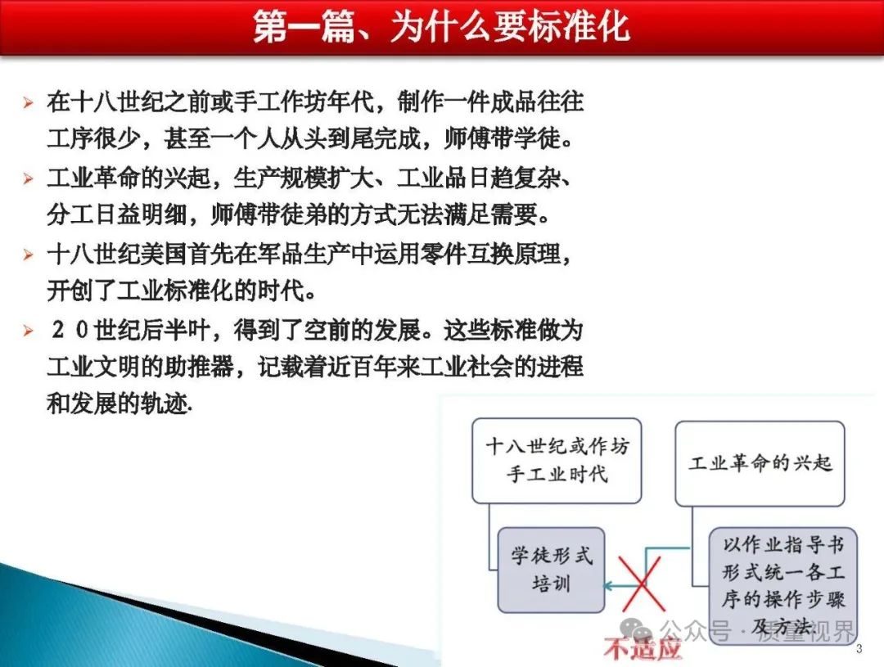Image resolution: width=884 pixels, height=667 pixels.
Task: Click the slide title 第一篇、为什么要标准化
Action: point(441,26)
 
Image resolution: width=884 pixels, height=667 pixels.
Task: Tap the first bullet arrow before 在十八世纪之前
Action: point(28,102)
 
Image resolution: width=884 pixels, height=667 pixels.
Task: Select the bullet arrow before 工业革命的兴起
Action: point(28,178)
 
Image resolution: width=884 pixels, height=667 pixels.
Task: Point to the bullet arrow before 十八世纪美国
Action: point(28,255)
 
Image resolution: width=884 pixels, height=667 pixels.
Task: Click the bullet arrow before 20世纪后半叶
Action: point(28,330)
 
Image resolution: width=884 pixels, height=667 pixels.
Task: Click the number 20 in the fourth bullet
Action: point(70,330)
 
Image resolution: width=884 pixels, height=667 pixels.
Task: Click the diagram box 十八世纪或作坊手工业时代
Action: point(557,461)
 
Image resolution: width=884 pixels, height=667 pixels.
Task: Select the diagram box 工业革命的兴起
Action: point(760,463)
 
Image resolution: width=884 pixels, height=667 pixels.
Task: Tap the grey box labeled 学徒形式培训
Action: point(551,570)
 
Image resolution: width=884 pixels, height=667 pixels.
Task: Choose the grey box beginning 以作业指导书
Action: point(783,586)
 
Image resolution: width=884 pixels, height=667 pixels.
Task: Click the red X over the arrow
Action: point(642,584)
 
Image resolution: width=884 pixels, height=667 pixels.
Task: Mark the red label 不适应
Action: point(643,648)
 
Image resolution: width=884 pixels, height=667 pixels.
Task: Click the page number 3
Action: point(859,648)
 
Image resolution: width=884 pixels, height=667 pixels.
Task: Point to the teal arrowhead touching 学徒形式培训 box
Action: point(608,586)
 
